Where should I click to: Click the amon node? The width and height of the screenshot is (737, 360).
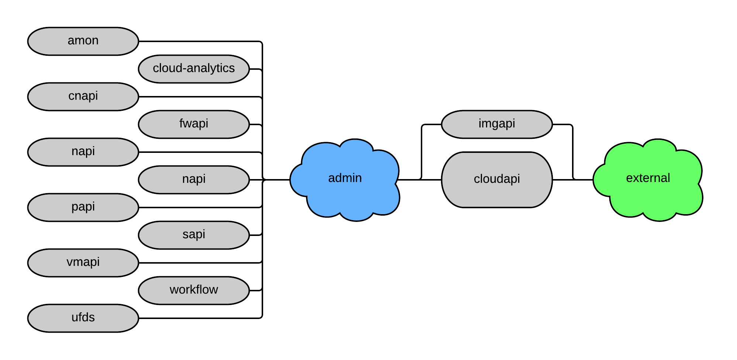(x=83, y=41)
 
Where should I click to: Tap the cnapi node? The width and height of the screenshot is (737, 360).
(x=83, y=97)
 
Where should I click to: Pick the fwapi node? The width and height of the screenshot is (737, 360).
(x=194, y=124)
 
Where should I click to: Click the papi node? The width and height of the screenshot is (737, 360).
(x=83, y=208)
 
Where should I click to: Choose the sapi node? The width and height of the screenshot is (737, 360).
(x=194, y=235)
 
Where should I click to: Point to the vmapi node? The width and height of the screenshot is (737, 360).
(x=83, y=263)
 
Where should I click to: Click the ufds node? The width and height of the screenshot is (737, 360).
(x=83, y=318)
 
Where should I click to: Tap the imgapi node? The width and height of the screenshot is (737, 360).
(x=497, y=124)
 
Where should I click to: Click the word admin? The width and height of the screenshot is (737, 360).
(x=345, y=178)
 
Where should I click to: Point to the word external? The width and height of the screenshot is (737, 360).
(x=648, y=178)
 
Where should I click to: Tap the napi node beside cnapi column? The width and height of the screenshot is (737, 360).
(x=83, y=152)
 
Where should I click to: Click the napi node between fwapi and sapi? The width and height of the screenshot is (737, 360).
(x=194, y=180)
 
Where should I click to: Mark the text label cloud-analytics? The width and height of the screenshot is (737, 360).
(x=194, y=68)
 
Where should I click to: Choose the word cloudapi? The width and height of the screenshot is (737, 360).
(x=497, y=179)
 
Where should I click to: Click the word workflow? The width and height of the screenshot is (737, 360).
(x=194, y=289)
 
